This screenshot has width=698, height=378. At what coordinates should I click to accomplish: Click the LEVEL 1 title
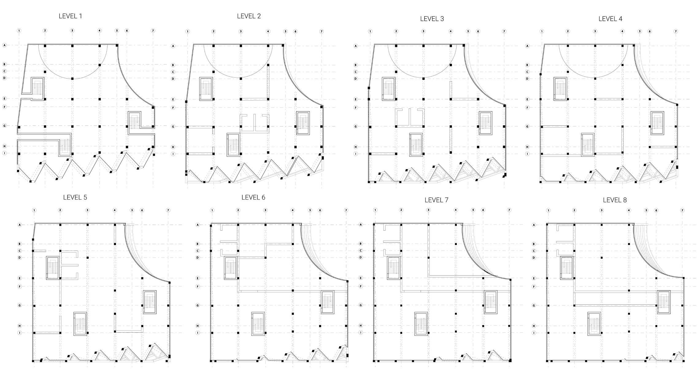click(70, 16)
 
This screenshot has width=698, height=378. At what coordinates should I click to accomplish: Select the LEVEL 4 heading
click(610, 19)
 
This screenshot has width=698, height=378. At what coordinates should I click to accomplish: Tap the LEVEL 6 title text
click(253, 197)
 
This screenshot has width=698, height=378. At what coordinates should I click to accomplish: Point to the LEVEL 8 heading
click(615, 200)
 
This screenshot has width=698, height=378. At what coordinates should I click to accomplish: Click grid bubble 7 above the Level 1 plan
click(153, 31)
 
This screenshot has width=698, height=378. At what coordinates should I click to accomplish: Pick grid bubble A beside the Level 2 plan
click(173, 46)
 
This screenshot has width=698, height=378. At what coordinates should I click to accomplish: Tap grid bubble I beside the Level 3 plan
click(356, 154)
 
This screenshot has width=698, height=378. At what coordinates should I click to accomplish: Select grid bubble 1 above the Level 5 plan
click(34, 210)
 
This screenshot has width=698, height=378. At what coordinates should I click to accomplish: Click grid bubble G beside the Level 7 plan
click(361, 305)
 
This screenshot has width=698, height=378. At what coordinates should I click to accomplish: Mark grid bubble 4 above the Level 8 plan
click(629, 210)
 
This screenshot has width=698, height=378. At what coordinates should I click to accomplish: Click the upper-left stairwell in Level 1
click(37, 88)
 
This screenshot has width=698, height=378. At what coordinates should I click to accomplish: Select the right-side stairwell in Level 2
click(303, 123)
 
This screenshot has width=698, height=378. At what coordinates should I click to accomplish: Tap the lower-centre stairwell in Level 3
click(416, 145)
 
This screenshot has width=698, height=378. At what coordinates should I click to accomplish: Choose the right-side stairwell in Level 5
click(150, 302)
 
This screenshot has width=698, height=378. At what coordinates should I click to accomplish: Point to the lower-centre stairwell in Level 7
click(421, 324)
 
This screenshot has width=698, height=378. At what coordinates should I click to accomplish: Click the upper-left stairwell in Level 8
click(567, 268)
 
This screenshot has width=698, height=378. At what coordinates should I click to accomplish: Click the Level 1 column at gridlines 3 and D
click(72, 79)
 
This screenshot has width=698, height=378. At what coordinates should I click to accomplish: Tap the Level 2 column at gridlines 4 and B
click(268, 65)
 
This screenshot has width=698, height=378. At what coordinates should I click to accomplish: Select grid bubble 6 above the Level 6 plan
click(320, 210)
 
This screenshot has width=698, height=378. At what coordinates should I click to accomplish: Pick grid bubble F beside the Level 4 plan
click(527, 107)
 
